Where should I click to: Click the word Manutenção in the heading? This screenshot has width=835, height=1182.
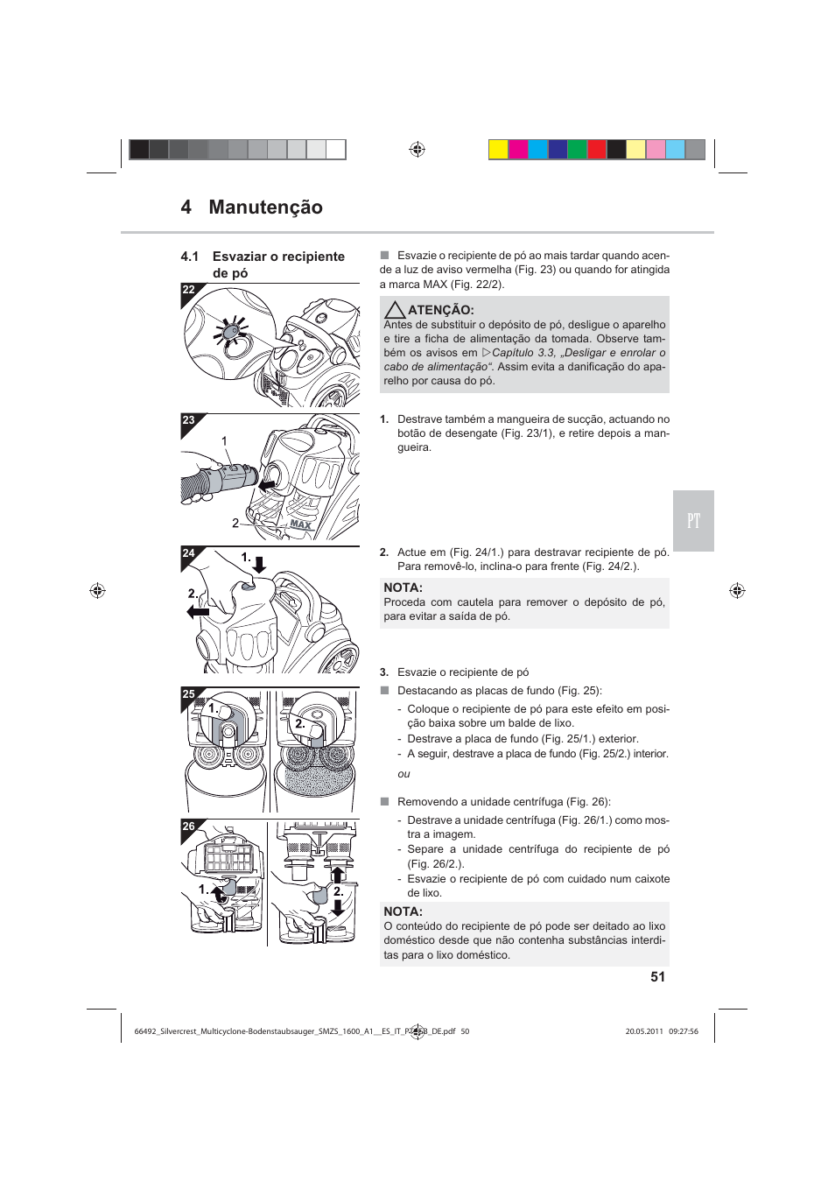pyautogui.click(x=265, y=208)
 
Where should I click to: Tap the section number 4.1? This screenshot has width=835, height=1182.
pyautogui.click(x=189, y=257)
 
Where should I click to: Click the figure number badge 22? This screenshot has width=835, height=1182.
pyautogui.click(x=188, y=290)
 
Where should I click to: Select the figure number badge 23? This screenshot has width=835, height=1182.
pyautogui.click(x=188, y=420)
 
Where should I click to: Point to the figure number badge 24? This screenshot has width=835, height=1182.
pyautogui.click(x=188, y=553)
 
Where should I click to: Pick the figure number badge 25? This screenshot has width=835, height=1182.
pyautogui.click(x=188, y=694)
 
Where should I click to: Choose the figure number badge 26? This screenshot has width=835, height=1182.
pyautogui.click(x=188, y=827)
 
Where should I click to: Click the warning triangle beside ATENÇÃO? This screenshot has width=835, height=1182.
pyautogui.click(x=395, y=310)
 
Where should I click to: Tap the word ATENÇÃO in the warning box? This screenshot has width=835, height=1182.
pyautogui.click(x=441, y=310)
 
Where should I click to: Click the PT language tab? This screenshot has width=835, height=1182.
pyautogui.click(x=693, y=521)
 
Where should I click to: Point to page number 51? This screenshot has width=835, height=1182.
pyautogui.click(x=657, y=977)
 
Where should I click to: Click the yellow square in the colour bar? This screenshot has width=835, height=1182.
pyautogui.click(x=498, y=150)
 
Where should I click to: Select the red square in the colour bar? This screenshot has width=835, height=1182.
pyautogui.click(x=597, y=150)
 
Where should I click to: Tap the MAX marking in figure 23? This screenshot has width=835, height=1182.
pyautogui.click(x=300, y=524)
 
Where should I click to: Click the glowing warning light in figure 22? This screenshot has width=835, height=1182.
pyautogui.click(x=231, y=333)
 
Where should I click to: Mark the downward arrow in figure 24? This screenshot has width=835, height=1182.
pyautogui.click(x=259, y=564)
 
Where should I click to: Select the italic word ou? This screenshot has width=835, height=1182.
pyautogui.click(x=403, y=774)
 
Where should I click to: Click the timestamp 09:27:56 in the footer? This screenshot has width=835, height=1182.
pyautogui.click(x=684, y=1031)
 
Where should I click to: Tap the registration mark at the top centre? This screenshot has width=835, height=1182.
pyautogui.click(x=417, y=150)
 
